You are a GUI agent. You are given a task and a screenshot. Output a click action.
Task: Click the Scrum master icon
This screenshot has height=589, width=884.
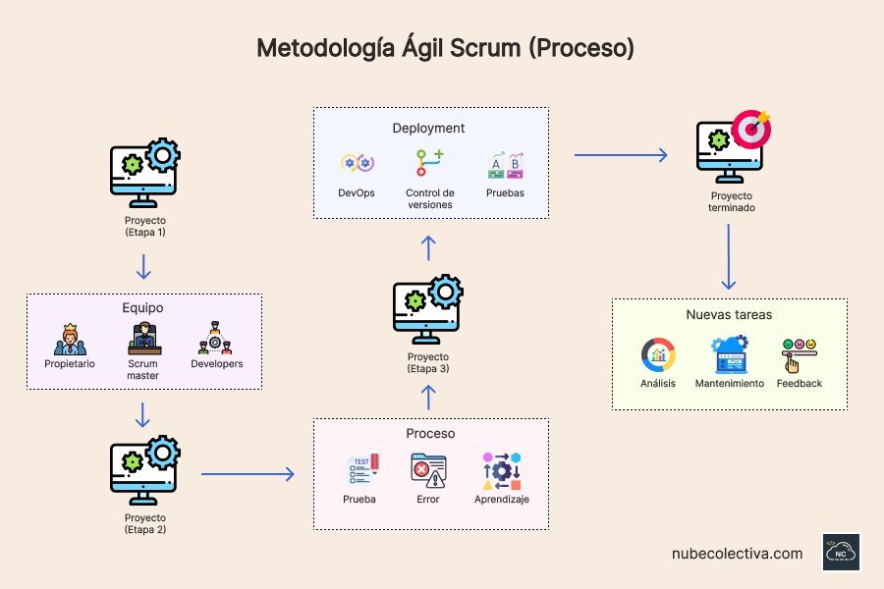click(x=143, y=339)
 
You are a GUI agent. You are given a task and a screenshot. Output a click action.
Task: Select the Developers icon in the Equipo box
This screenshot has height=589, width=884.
click(x=216, y=339)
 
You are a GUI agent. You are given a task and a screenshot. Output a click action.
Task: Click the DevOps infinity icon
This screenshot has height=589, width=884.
click(x=356, y=164)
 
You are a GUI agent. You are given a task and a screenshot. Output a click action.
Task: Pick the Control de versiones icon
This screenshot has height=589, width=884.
click(x=429, y=162)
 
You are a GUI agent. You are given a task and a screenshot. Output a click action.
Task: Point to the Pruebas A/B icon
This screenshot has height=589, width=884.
click(x=505, y=164)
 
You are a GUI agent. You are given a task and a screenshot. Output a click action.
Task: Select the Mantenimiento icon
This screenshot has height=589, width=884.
click(x=730, y=354)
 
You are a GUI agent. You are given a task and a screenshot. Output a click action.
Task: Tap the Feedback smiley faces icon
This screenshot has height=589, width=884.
click(x=799, y=353)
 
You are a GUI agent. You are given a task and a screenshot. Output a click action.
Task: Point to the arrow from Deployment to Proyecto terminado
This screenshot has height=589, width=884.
click(x=621, y=154)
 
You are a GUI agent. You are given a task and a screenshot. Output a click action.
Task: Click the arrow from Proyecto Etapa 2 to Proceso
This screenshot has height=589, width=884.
click(x=248, y=474)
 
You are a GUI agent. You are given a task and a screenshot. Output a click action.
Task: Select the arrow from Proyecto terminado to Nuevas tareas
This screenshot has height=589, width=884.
click(x=728, y=257)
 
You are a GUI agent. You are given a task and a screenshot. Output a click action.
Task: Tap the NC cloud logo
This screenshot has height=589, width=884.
click(x=841, y=553)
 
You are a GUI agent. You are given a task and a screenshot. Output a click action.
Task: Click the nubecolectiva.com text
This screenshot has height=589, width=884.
click(x=737, y=554)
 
